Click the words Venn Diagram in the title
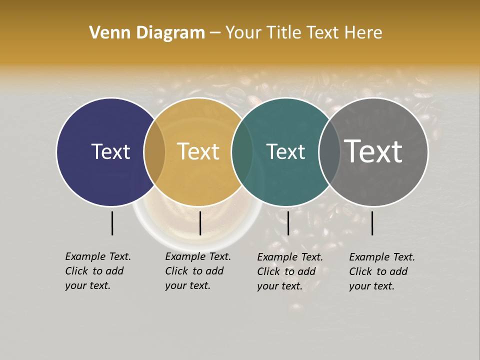147,33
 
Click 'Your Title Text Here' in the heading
303,33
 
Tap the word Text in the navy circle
110,151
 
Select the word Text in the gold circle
198,151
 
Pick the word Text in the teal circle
285,151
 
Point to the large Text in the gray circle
373,151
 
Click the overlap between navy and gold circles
154,152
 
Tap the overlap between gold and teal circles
242,152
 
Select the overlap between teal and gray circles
329,152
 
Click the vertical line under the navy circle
112,223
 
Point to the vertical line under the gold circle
200,223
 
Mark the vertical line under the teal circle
288,223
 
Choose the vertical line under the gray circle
372,223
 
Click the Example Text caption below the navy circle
98,271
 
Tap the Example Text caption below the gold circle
198,271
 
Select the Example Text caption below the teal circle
290,271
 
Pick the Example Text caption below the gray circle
382,271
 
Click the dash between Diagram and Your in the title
215,33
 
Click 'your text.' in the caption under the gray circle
371,286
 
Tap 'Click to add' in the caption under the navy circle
94,271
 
